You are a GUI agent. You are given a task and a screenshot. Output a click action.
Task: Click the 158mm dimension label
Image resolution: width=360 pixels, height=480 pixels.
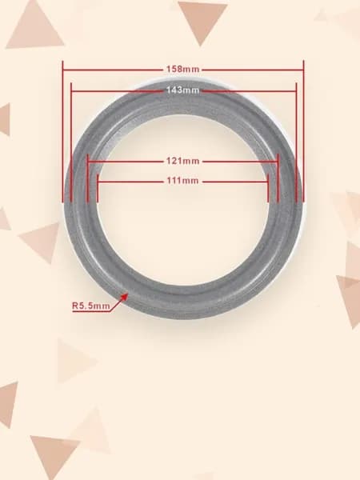click(x=182, y=69)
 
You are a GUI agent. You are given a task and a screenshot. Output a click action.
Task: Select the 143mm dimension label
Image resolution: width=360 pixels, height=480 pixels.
click(x=182, y=90)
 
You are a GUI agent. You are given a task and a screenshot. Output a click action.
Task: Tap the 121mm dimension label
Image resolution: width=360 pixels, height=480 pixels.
click(x=182, y=161)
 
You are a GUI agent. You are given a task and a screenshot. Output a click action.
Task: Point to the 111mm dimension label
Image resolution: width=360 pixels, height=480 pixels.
click(x=182, y=181)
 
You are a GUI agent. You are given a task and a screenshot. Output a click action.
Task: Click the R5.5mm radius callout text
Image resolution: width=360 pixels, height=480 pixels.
click(x=91, y=306)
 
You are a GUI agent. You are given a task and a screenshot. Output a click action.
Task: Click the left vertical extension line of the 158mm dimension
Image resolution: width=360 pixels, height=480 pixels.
click(x=62, y=131)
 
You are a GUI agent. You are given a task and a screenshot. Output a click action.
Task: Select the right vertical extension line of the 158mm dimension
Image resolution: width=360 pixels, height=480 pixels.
click(x=303, y=131)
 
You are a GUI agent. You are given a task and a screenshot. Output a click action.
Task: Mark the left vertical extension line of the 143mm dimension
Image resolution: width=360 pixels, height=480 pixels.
click(x=71, y=142)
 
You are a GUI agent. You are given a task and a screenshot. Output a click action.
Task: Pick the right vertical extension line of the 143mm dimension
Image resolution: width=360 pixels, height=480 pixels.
click(x=296, y=142)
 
